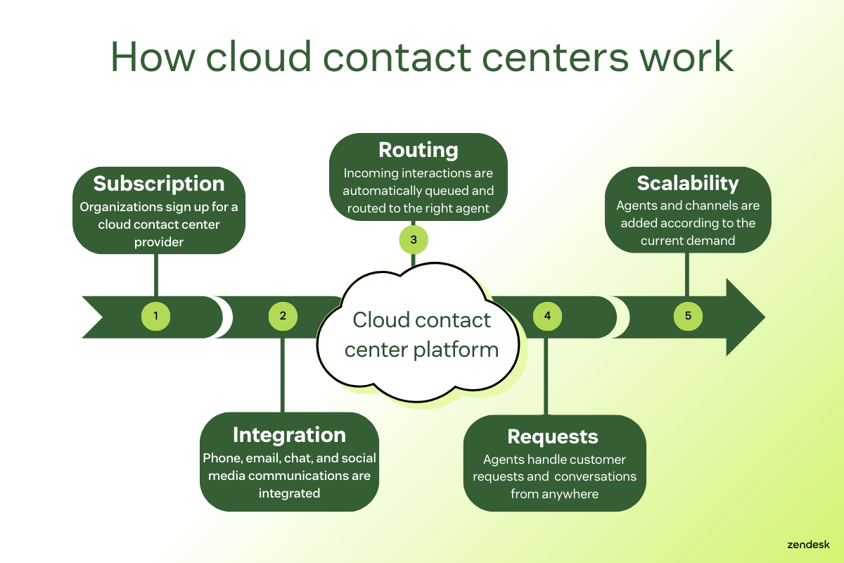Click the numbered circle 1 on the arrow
(x=155, y=316)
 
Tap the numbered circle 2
(x=283, y=316)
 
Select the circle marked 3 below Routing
(x=414, y=240)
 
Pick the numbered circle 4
(x=547, y=316)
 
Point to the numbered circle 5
(x=688, y=316)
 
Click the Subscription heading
(x=159, y=184)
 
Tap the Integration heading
(x=289, y=435)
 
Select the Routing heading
(x=418, y=150)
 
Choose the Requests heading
(x=553, y=436)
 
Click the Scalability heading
(x=688, y=183)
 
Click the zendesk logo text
(x=809, y=544)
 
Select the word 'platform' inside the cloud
(x=458, y=349)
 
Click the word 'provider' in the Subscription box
(x=159, y=241)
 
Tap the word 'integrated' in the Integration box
(x=289, y=493)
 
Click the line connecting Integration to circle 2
(x=283, y=373)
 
